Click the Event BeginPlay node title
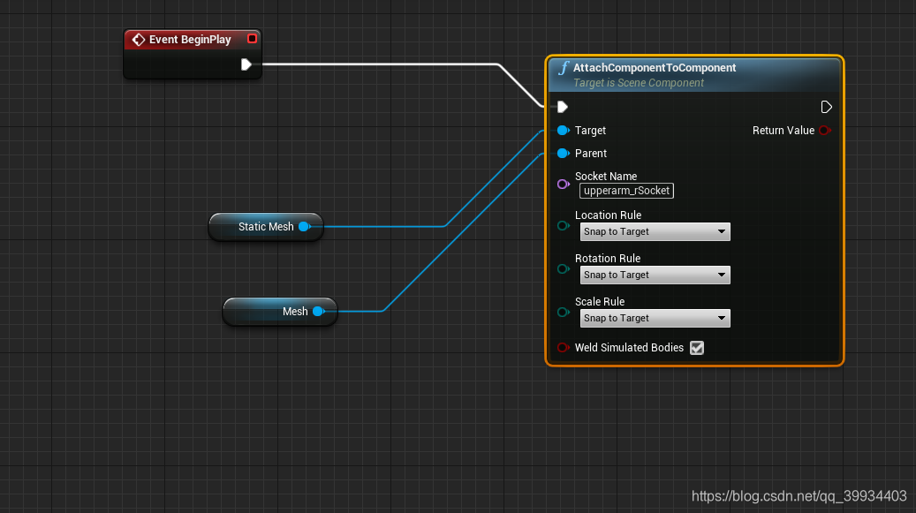click(x=190, y=40)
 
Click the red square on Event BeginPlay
click(x=252, y=39)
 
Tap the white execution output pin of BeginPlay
click(x=246, y=64)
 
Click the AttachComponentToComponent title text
click(x=655, y=67)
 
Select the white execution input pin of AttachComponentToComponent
click(x=562, y=107)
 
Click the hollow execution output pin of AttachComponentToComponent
click(x=826, y=107)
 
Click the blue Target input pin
click(x=563, y=131)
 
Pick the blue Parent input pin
click(x=563, y=154)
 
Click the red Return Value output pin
click(x=825, y=131)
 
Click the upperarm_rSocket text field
click(x=626, y=191)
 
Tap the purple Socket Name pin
click(x=563, y=184)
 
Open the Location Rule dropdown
click(x=655, y=232)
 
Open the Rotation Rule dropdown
click(x=655, y=275)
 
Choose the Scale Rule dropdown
click(x=655, y=319)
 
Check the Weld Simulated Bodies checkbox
click(x=697, y=348)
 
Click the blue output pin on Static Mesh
click(x=304, y=227)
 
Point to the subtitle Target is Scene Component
click(x=639, y=83)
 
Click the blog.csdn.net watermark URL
click(x=799, y=496)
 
